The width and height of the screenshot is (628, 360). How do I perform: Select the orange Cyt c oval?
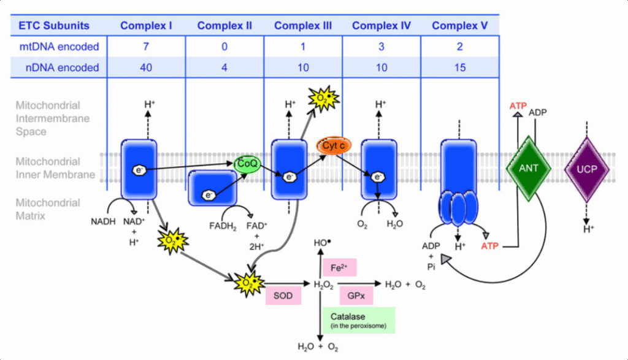(333, 146)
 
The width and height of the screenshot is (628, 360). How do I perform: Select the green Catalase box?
(358, 320)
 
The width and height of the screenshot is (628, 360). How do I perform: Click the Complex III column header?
(303, 26)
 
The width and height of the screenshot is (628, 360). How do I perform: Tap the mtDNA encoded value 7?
(146, 47)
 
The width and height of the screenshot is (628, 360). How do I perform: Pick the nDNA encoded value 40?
(146, 67)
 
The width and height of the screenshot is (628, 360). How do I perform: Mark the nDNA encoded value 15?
(459, 67)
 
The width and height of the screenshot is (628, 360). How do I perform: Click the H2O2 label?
(323, 285)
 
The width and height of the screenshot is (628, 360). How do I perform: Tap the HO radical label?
(321, 243)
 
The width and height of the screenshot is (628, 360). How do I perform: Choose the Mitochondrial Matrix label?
(48, 209)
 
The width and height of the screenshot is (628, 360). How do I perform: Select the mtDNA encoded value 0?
(224, 47)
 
